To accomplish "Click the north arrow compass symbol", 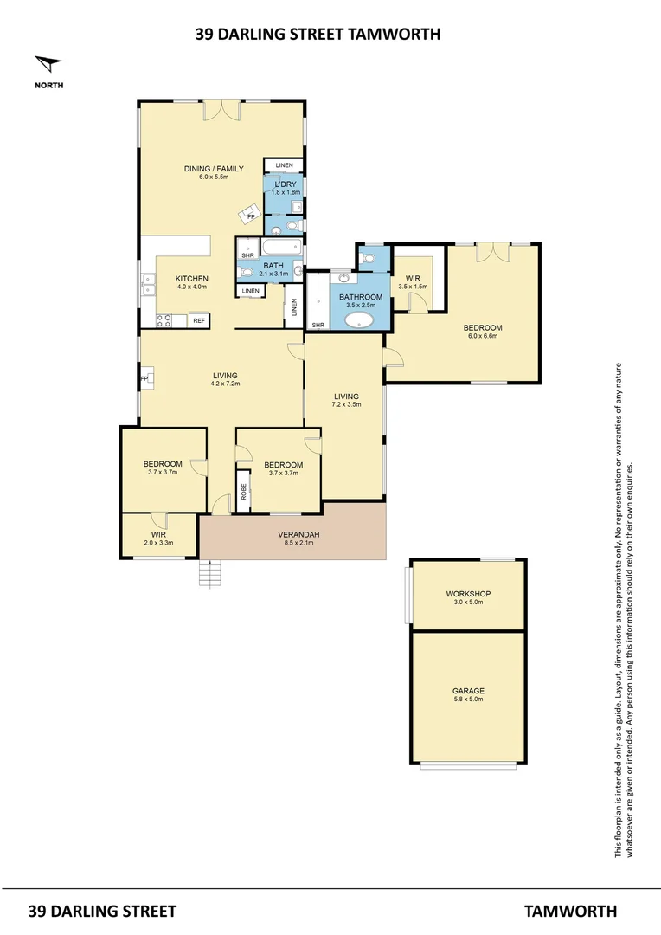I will (x=48, y=65).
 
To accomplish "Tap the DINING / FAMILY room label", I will (x=213, y=169).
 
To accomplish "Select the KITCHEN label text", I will (x=192, y=278).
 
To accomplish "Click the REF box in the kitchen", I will (x=199, y=320).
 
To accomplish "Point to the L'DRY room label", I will (x=284, y=185).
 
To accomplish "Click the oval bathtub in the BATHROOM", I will (x=360, y=321).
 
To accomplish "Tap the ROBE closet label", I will (x=244, y=492).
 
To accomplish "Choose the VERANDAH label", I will (x=298, y=535).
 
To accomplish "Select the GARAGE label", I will (x=468, y=691).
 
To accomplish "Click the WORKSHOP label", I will (x=468, y=594).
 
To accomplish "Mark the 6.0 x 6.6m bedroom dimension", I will (x=482, y=337).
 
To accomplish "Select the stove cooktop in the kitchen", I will (x=164, y=320).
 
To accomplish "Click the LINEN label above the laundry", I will (x=284, y=165).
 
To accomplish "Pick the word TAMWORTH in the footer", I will (x=570, y=911).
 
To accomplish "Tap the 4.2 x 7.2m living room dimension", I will (x=225, y=384).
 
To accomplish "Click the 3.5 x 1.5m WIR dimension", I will (x=413, y=286).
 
